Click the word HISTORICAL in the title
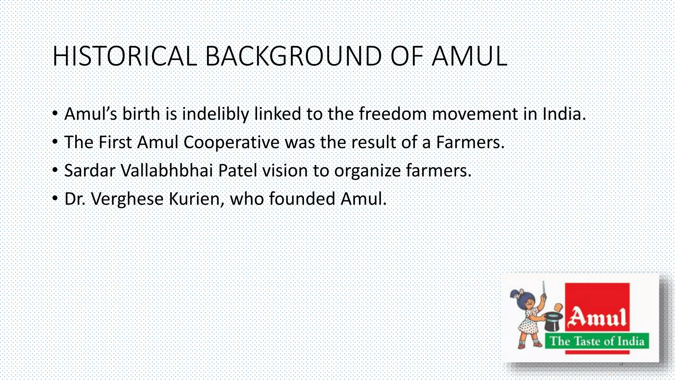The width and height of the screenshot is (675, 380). [125, 56]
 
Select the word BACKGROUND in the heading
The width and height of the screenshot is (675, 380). [293, 56]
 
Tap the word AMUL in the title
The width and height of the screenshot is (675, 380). [469, 56]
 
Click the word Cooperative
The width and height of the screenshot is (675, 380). [231, 142]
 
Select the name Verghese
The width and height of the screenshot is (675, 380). [127, 199]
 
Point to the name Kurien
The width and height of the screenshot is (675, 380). [196, 199]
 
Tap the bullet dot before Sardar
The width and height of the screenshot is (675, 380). [55, 170]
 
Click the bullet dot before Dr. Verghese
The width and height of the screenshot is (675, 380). [55, 199]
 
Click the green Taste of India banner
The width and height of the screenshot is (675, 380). [597, 341]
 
